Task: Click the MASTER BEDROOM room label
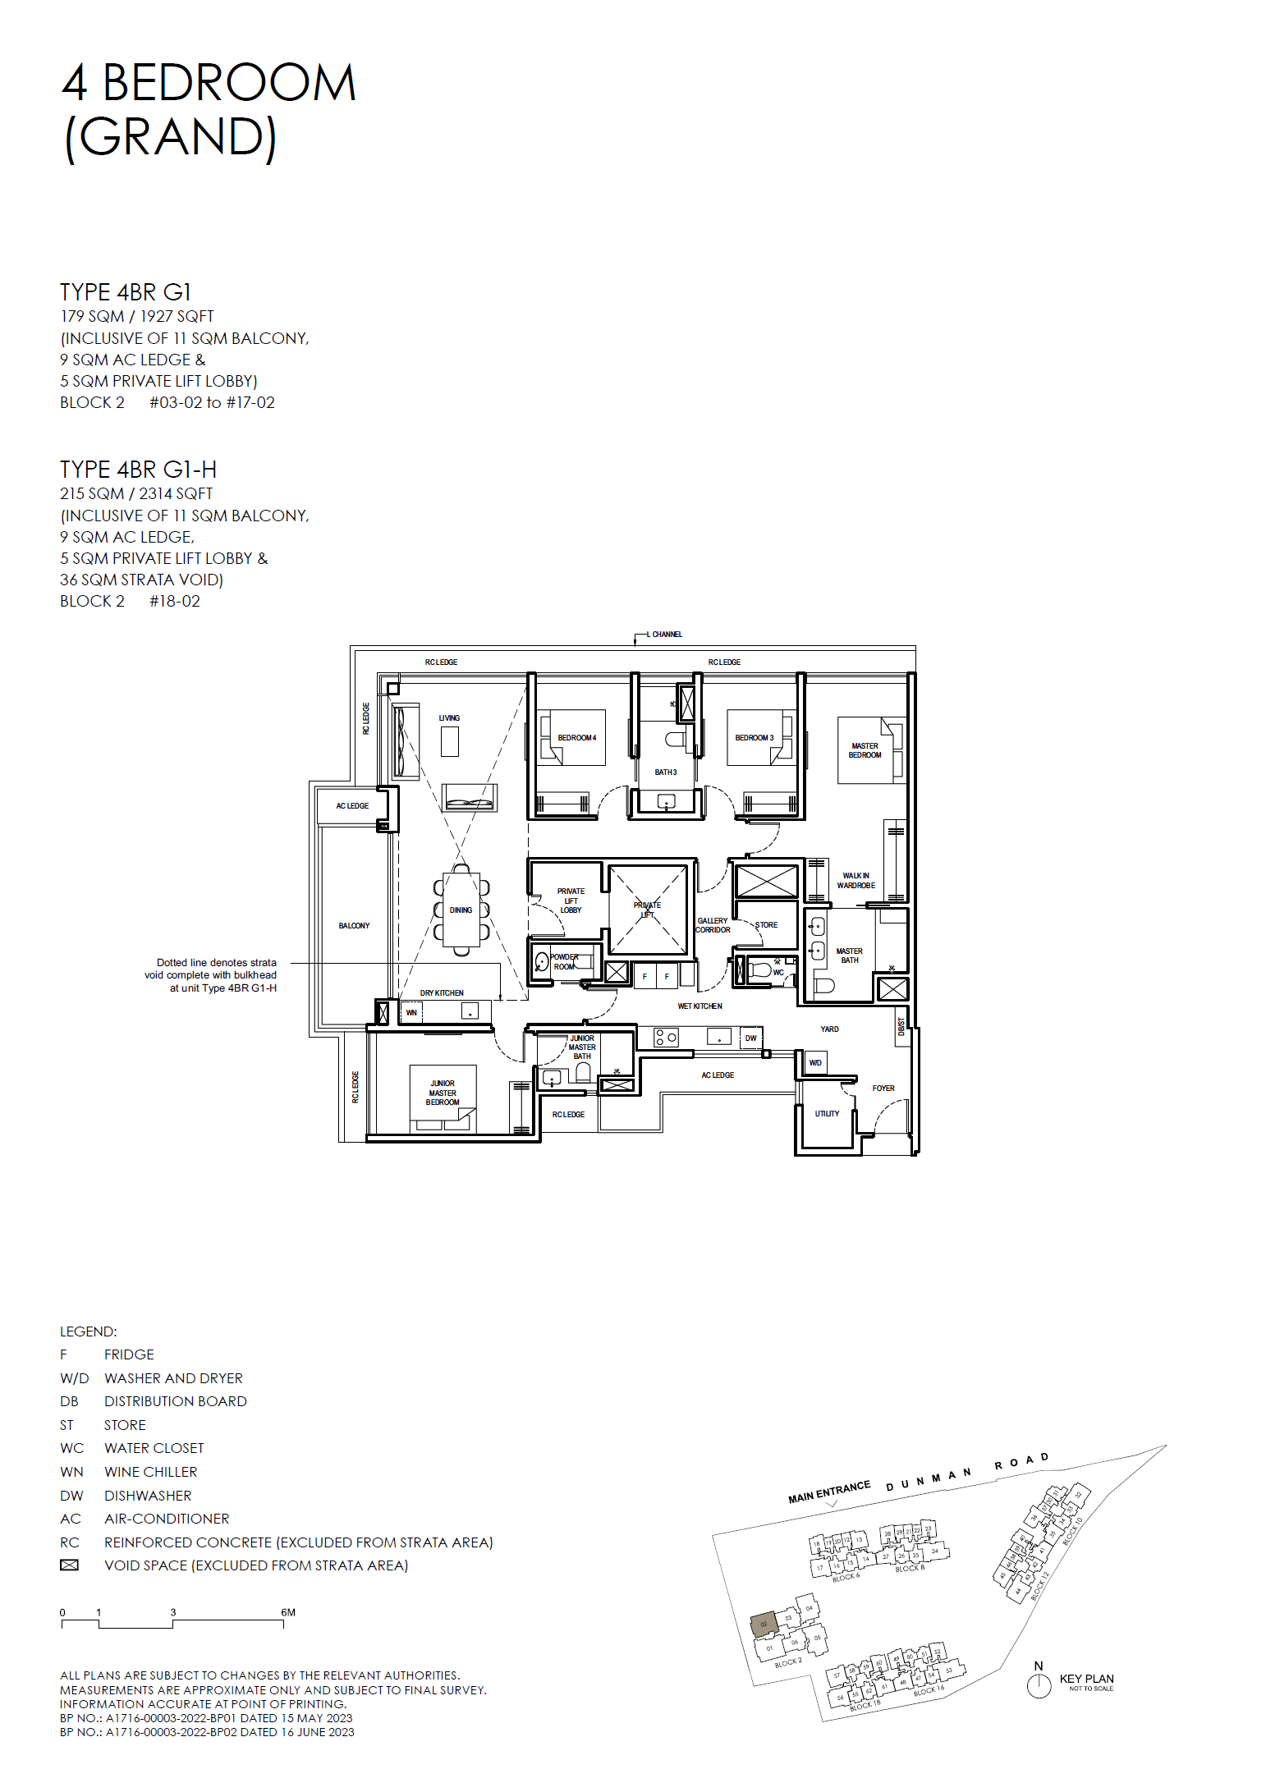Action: [x=865, y=750]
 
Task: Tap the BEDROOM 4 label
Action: [x=576, y=738]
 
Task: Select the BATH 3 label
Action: [x=665, y=772]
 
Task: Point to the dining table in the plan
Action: [x=461, y=910]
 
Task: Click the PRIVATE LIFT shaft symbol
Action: [x=647, y=909]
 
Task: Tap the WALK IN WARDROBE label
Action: [x=855, y=881]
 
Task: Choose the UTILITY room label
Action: [x=827, y=1114]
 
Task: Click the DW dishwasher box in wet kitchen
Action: [x=750, y=1038]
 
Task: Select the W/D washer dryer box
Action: [x=815, y=1063]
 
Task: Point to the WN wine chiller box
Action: [x=411, y=1013]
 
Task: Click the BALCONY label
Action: [x=354, y=926]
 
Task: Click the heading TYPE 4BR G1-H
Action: [x=138, y=470]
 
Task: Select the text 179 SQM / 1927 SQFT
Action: [x=136, y=316]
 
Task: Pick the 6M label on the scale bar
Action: [x=288, y=1612]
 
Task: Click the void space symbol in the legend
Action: [x=70, y=1565]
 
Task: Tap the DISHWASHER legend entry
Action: [x=147, y=1496]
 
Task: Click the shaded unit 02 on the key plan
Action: [x=764, y=1625]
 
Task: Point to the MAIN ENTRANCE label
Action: [x=828, y=1492]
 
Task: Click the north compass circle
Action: [x=1039, y=1686]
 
